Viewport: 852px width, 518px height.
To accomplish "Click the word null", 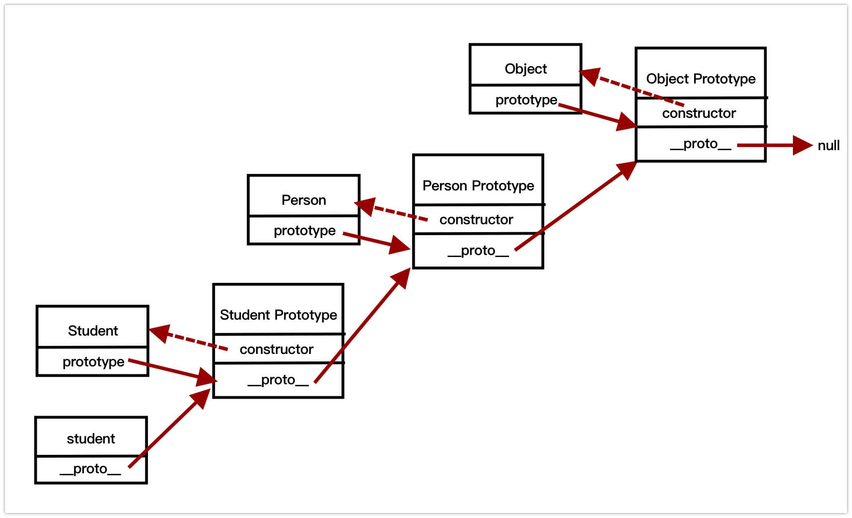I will click(x=828, y=146).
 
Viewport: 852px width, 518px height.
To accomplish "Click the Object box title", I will click(x=525, y=69).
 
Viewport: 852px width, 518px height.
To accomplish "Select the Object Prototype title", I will click(x=701, y=79).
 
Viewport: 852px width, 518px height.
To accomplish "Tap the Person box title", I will click(x=303, y=200).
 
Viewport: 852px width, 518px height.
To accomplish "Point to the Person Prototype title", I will click(x=478, y=185).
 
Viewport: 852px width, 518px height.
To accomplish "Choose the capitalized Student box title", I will click(x=93, y=331).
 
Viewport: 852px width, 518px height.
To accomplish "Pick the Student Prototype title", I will click(x=278, y=315).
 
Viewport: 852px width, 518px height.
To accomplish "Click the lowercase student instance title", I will click(x=91, y=438).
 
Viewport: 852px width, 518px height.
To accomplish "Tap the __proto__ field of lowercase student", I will click(x=90, y=469).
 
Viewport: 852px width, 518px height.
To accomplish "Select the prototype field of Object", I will click(x=526, y=100).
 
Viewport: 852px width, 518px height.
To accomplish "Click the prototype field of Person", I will click(x=304, y=231).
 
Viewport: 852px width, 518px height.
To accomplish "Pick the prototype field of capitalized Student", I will click(x=93, y=361).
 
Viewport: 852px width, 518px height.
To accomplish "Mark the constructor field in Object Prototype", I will click(x=699, y=113).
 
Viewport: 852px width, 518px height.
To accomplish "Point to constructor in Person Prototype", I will click(x=476, y=220).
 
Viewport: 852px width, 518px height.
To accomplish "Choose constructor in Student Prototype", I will click(x=276, y=349).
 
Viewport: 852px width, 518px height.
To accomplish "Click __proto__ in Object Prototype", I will click(x=700, y=144).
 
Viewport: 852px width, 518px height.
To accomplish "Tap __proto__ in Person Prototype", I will click(x=478, y=251).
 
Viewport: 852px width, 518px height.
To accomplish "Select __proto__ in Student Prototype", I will click(x=278, y=380).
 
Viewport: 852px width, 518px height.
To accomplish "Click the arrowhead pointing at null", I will click(x=802, y=145).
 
